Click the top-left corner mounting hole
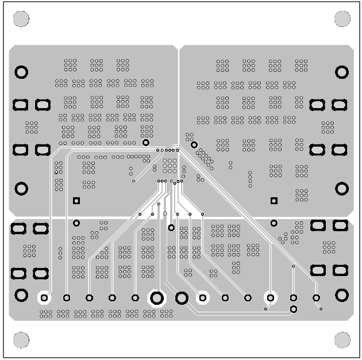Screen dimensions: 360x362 (x=21, y=19)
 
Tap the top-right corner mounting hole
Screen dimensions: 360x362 (x=342, y=19)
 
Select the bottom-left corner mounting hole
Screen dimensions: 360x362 (x=21, y=340)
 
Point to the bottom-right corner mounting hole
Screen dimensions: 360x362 (x=342, y=340)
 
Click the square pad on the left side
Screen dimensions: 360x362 (x=76, y=201)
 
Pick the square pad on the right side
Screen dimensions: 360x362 (x=274, y=201)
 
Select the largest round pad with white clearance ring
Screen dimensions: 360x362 (x=156, y=298)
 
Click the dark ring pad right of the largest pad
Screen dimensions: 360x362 (x=182, y=298)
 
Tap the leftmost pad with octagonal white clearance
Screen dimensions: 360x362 (x=44, y=297)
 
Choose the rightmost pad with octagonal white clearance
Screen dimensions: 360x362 (x=270, y=297)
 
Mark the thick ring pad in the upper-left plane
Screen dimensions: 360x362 (x=21, y=72)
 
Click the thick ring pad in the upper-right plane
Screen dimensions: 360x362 (x=342, y=72)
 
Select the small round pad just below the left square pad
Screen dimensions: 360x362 (x=76, y=223)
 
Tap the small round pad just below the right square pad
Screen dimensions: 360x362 (x=274, y=223)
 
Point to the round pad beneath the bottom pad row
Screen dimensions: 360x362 (x=293, y=309)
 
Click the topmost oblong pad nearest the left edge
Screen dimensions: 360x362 (x=20, y=105)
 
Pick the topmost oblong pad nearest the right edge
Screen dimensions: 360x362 (x=340, y=105)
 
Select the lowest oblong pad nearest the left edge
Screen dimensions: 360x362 (x=20, y=273)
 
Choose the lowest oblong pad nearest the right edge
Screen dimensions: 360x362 (x=340, y=270)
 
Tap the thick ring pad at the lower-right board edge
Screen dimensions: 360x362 (x=342, y=295)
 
